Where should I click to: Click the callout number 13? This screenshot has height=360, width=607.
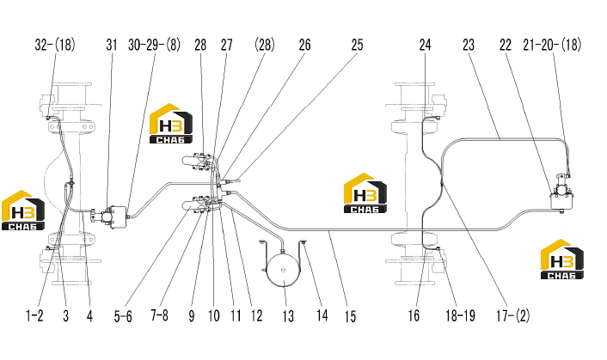pos(288,316)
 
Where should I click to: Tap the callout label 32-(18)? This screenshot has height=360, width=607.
pos(55,45)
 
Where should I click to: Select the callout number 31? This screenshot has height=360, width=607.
pos(112,45)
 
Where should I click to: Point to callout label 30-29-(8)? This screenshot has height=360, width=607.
pos(155,45)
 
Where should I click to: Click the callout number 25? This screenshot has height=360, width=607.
pos(357,45)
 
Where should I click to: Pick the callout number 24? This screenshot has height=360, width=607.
pos(425,45)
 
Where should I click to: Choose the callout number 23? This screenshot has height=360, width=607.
pos(469,45)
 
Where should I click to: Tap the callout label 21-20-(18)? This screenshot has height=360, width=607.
pos(552,45)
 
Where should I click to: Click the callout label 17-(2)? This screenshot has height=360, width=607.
pos(513,316)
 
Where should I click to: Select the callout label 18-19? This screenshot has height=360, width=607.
pos(460,316)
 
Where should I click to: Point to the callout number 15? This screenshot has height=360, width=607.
pos(350,316)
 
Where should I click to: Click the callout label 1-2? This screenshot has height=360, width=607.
pos(34,316)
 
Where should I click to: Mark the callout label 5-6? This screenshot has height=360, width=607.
pos(123,317)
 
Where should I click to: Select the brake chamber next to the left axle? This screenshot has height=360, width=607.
pos(111,214)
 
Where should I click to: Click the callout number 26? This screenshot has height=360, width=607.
pos(304,45)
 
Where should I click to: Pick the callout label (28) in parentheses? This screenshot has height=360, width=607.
pos(265,45)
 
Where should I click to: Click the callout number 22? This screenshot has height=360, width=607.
pos(506,45)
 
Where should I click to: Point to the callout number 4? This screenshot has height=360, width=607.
pos(89,316)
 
